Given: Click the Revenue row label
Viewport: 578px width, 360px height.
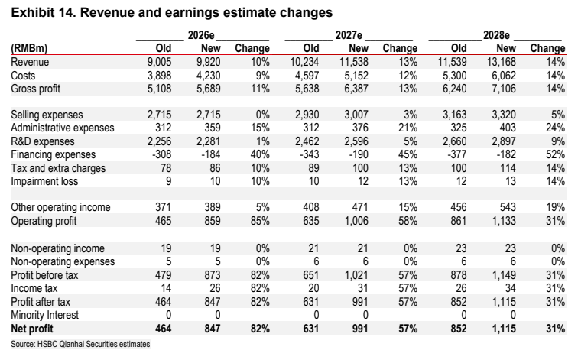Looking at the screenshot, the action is coord(30,62).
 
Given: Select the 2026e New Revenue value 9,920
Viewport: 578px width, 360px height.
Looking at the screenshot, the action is coord(209,62).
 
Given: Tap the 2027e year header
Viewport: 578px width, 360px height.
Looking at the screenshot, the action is coord(349,35).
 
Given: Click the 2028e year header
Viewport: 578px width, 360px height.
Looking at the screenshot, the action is coord(496,35).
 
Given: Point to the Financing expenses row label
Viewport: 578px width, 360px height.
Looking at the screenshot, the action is coord(53,154).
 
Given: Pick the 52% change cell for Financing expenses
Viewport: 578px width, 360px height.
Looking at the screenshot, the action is coord(555,154).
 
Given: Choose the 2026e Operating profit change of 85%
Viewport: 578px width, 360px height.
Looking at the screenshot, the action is coord(260,221).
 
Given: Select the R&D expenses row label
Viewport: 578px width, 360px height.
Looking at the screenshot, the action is coord(42,141).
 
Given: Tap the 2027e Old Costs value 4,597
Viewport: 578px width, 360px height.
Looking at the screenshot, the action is coord(307,76).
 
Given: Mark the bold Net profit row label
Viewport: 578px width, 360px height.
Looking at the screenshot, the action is coord(32,329).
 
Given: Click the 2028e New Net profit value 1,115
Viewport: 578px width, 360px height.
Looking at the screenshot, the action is coord(504,329).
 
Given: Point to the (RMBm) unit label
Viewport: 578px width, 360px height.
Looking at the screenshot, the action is coord(29,48).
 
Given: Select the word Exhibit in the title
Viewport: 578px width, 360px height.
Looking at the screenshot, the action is coord(32,12).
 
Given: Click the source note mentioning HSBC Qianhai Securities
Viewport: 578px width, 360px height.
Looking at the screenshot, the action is coord(80,344).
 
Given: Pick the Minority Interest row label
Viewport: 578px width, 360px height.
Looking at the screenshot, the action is coord(44,315).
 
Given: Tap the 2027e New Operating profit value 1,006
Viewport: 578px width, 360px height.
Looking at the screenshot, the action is coord(356,221).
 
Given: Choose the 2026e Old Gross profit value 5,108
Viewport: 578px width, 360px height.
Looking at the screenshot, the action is coord(159,89).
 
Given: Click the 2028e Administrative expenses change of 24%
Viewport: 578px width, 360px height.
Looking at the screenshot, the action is coord(555,128).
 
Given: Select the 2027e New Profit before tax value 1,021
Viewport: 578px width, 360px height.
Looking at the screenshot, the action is coord(356,275).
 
